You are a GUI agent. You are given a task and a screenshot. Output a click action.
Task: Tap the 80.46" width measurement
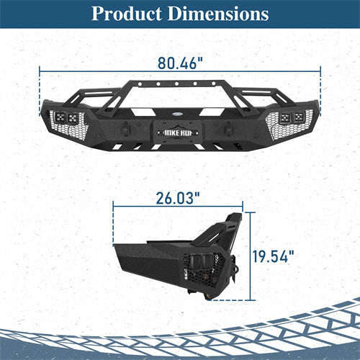[180, 63]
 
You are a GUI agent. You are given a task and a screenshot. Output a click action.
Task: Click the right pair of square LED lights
[291, 117]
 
